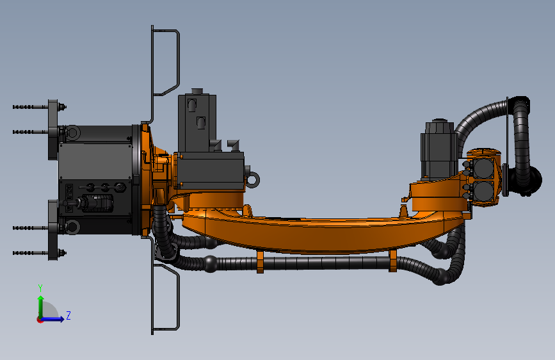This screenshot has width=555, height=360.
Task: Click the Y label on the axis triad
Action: (40, 288)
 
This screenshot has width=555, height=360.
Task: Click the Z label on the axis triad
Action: (68, 315)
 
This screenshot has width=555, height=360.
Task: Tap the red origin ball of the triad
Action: (40, 319)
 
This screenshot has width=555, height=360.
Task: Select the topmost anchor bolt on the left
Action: (29, 106)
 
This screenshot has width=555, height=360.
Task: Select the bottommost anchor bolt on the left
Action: (29, 253)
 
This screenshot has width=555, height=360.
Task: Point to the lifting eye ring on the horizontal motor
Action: (254, 177)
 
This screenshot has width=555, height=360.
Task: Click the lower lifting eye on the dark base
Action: (72, 226)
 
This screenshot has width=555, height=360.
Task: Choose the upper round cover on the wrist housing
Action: (483, 168)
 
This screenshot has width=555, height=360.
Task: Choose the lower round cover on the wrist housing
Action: (483, 192)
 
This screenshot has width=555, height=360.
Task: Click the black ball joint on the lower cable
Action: (210, 263)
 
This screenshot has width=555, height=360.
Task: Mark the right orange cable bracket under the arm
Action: (392, 261)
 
